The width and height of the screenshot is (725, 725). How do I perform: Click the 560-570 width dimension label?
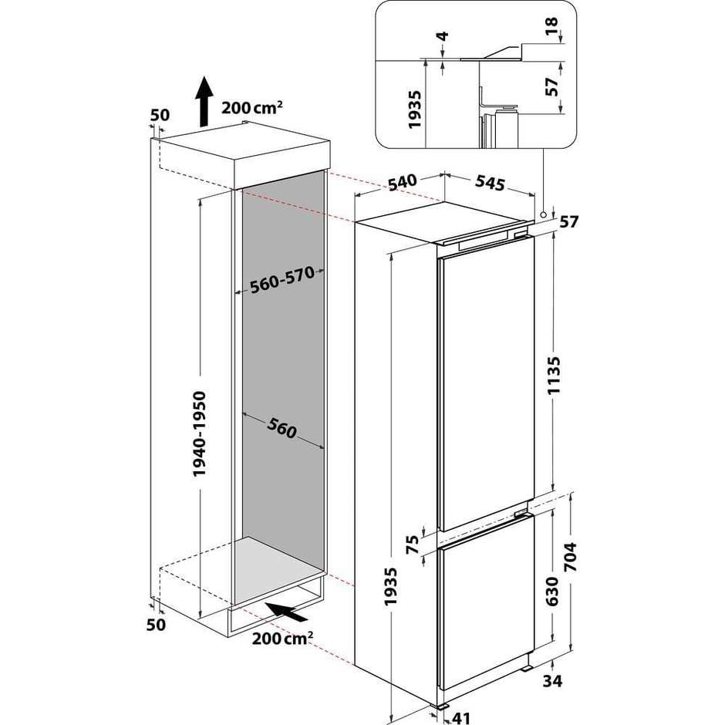278,283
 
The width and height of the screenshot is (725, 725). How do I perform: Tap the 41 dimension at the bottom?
460,717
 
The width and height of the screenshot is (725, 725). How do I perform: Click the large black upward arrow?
204,101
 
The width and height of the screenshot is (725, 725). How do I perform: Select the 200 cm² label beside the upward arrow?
251,107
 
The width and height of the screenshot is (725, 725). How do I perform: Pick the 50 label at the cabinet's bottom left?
157,625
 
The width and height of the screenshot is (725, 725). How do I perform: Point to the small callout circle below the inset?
543,215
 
